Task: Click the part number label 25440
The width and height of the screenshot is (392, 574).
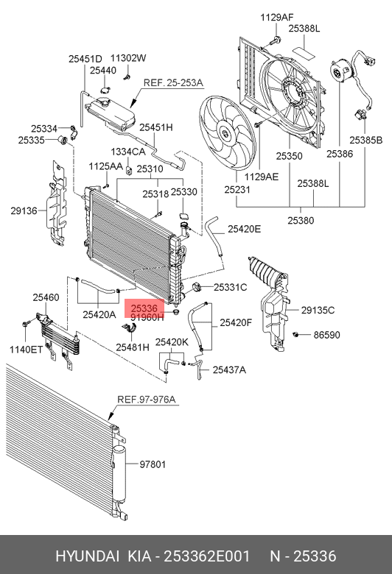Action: (x=103, y=71)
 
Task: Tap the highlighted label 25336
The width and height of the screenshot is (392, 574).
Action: (x=144, y=308)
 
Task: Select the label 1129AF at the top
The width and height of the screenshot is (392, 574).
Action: (x=277, y=17)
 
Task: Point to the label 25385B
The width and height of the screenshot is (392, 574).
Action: (x=365, y=141)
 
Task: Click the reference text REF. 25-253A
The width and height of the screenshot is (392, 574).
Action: (x=173, y=82)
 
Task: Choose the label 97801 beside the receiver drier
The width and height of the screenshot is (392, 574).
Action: (x=153, y=464)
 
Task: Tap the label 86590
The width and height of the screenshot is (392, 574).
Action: (x=326, y=335)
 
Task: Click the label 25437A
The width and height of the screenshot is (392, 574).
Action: (x=230, y=369)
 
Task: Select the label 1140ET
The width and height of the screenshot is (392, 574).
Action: (x=26, y=350)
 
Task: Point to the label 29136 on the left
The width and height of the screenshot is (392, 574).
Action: (x=24, y=210)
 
